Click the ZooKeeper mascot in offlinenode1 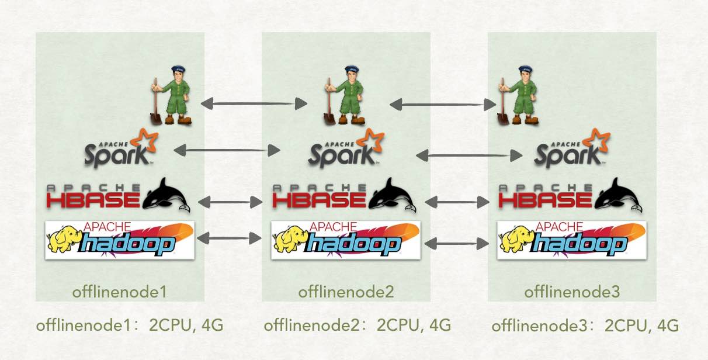point(172,94)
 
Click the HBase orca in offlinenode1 point(168,195)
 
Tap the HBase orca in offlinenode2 point(394,195)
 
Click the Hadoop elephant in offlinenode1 point(64,240)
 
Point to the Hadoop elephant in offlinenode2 point(290,240)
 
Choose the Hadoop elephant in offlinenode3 point(516,240)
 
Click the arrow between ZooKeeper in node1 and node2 point(254,104)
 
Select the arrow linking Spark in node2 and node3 point(469,155)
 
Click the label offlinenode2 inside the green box point(346,291)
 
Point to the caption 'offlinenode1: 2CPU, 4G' point(130,325)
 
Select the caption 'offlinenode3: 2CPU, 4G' point(585,325)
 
